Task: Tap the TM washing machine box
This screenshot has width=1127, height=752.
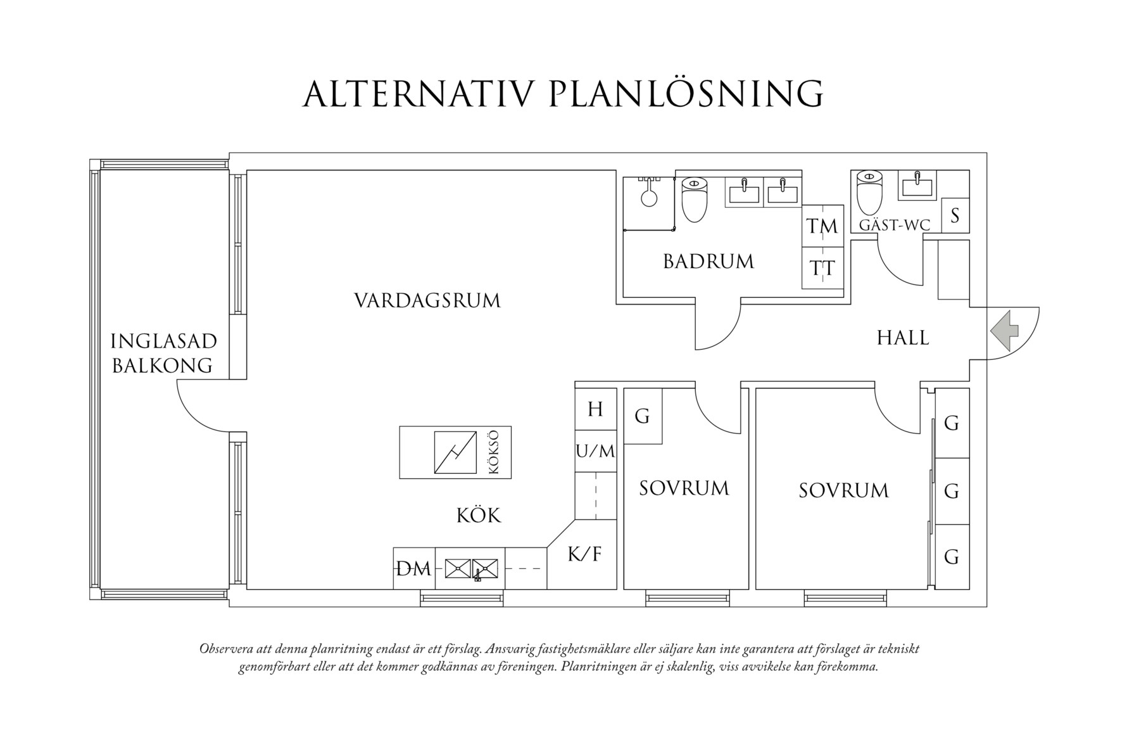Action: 823,226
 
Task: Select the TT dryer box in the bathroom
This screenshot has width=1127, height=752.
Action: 823,268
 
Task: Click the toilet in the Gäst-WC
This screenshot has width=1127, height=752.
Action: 868,193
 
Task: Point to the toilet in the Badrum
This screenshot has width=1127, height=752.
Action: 694,199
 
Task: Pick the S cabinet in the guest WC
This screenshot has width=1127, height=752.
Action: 955,215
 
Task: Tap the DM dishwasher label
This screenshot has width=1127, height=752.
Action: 413,569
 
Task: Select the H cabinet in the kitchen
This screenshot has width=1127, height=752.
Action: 595,409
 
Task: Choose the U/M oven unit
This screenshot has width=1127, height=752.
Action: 595,451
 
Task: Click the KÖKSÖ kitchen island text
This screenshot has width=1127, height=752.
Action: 494,452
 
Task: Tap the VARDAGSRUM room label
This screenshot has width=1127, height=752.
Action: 427,300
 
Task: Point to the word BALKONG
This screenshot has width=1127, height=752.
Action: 162,366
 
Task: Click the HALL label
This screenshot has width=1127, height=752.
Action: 903,338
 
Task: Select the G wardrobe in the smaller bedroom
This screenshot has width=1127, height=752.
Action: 643,416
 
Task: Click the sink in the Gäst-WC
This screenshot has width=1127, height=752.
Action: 916,186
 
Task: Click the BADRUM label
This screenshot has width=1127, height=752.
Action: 708,261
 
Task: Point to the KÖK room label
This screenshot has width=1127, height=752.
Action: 479,516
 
